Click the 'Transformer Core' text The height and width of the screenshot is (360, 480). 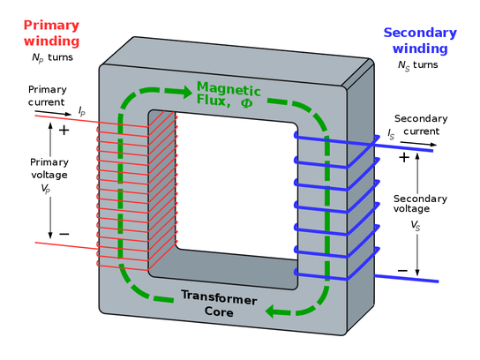pyautogui.click(x=219, y=304)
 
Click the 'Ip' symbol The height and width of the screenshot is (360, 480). pyautogui.click(x=82, y=111)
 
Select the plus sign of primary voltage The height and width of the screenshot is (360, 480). pyautogui.click(x=64, y=130)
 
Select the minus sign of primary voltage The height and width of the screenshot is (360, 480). pyautogui.click(x=64, y=234)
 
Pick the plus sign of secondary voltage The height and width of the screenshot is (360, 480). pyautogui.click(x=403, y=158)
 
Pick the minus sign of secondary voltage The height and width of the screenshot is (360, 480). pyautogui.click(x=402, y=270)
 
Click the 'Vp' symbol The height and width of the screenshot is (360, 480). pyautogui.click(x=49, y=188)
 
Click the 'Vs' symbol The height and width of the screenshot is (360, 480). pyautogui.click(x=416, y=226)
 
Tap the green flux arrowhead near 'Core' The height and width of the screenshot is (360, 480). pyautogui.click(x=277, y=311)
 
